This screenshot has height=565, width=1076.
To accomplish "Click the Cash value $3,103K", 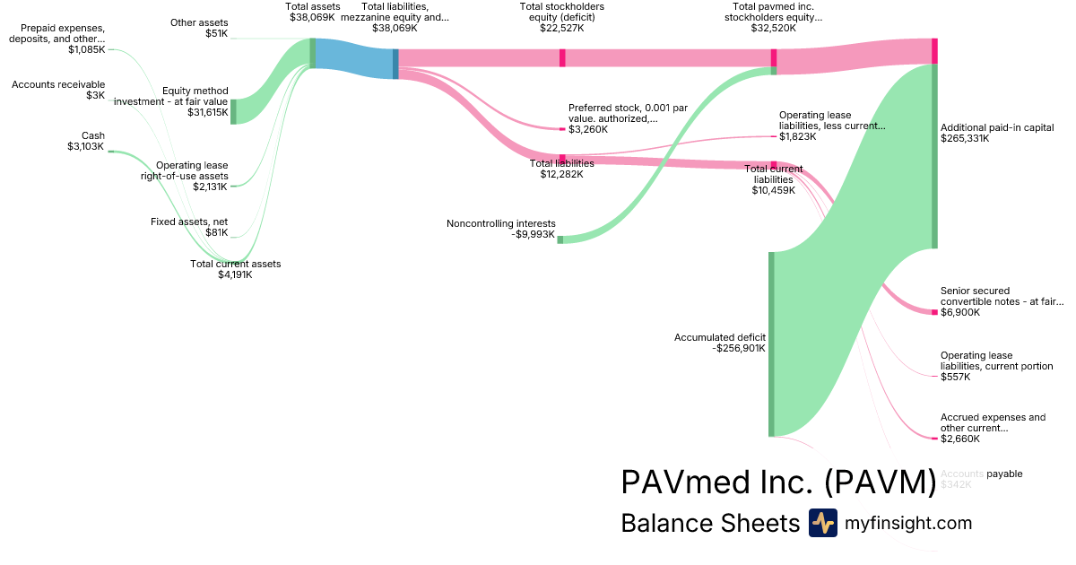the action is point(86,146).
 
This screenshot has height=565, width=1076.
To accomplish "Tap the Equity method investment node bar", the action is point(233,111).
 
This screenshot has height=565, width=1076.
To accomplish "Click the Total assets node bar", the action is point(312,53).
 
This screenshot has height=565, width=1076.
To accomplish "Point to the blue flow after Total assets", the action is point(354,58).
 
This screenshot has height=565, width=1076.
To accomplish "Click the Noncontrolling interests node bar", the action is point(560,239).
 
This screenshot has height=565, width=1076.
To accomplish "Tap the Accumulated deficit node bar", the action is point(770,343).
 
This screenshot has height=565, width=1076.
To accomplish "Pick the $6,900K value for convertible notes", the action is point(960,312).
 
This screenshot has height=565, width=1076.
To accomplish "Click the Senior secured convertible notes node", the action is point(933,312).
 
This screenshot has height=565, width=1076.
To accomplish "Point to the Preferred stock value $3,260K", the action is point(588,129).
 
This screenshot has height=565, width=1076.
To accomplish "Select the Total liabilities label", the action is point(562,163).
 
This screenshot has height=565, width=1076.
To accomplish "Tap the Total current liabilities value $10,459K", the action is point(773,190).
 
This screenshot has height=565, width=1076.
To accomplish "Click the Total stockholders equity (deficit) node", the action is point(562,57).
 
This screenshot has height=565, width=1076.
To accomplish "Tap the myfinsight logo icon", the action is point(822,523).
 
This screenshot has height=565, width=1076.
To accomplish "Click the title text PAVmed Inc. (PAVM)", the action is point(778,482).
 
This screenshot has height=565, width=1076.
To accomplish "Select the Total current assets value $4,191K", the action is point(235,274).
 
